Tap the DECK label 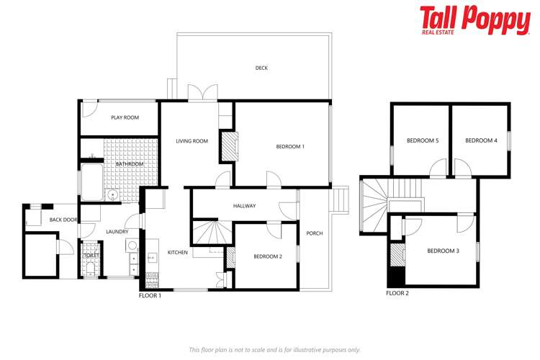[x=261, y=68]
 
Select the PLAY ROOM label [x=125, y=117]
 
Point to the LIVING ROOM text [x=192, y=141]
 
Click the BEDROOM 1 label [x=290, y=147]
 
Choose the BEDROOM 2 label [x=267, y=256]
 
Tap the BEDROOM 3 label [x=441, y=251]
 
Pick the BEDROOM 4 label [x=481, y=140]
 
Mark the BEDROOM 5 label [x=423, y=140]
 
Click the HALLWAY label [x=244, y=206]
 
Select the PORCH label [x=315, y=233]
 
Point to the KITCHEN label [x=178, y=253]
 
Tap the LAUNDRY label [x=117, y=231]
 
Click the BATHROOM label [x=130, y=164]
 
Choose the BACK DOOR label [x=63, y=220]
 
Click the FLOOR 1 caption [x=150, y=295]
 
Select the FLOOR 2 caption [x=397, y=293]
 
